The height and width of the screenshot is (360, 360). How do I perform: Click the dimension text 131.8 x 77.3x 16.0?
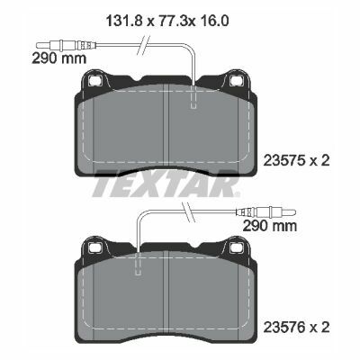click(167, 21)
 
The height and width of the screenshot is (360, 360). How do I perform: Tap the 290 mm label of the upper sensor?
click(59, 58)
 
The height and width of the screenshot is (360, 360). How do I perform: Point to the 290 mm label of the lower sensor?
click(270, 226)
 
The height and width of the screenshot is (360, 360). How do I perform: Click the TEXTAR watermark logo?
click(166, 184)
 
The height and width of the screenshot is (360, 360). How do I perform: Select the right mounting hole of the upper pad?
click(236, 80)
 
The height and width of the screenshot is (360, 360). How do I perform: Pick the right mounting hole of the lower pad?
click(236, 247)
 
